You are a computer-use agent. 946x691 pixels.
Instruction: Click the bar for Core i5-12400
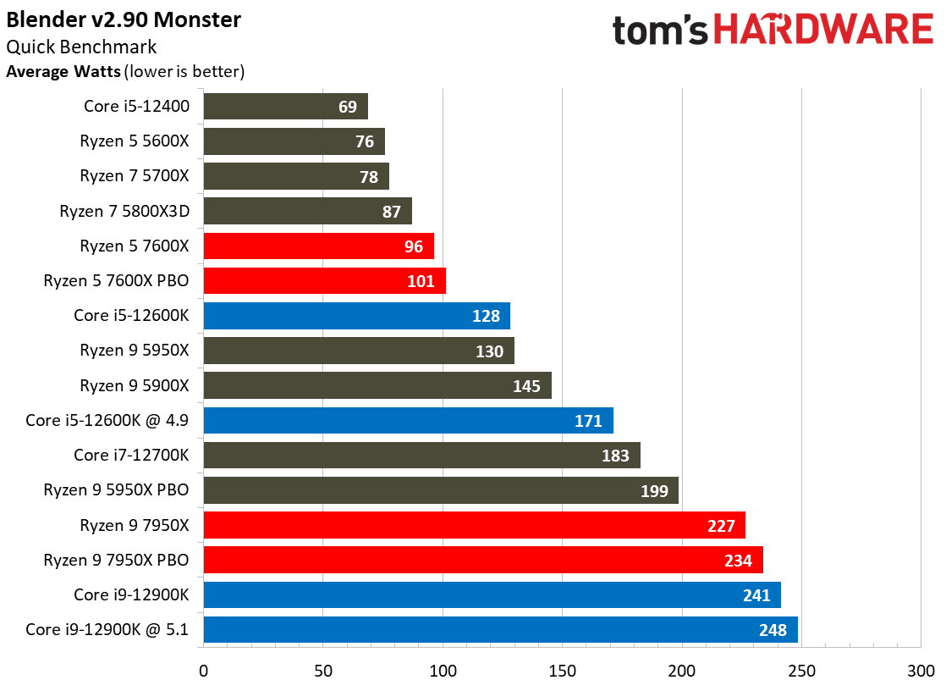point(285,107)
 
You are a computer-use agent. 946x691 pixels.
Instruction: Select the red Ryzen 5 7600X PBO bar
point(325,281)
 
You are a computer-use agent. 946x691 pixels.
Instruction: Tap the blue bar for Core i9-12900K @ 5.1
point(501,629)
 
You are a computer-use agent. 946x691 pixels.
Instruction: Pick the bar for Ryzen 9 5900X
point(377,385)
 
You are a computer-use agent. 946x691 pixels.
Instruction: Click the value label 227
point(721,526)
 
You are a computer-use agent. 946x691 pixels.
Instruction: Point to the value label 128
point(486,316)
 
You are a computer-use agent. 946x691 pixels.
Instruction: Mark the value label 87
point(392,212)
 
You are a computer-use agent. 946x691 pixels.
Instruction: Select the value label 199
point(654,491)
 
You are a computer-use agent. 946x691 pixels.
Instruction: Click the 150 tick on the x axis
point(563,671)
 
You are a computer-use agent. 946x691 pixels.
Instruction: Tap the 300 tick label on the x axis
point(921,671)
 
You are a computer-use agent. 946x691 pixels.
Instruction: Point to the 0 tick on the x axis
point(203,671)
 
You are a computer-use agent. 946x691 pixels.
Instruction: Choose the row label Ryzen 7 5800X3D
point(124,211)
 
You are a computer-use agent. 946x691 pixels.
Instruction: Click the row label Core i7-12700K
point(131,455)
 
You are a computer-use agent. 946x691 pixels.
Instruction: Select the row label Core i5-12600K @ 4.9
point(107,420)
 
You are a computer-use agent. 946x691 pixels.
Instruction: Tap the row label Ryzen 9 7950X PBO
point(116,560)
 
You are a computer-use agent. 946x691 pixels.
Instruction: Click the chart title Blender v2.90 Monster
point(124,19)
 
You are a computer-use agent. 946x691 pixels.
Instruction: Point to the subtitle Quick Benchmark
point(81,47)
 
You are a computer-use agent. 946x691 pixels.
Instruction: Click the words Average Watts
point(63,71)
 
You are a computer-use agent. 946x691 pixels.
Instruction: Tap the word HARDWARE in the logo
point(823,29)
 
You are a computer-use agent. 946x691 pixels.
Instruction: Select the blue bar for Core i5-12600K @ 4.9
point(409,420)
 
